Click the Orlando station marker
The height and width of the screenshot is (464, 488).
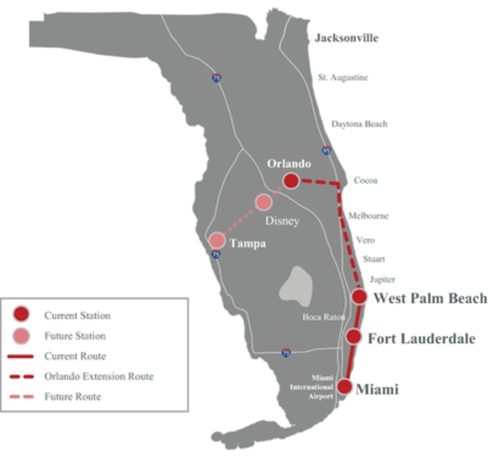(291, 181)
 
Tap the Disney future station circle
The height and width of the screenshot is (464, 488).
(263, 202)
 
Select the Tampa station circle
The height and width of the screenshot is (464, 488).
(217, 241)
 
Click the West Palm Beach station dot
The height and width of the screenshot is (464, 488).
(359, 296)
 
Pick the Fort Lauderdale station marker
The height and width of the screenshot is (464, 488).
(353, 336)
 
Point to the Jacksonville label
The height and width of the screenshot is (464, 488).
(346, 38)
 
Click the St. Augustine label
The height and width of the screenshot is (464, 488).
(342, 78)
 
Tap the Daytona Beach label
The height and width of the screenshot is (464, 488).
(359, 124)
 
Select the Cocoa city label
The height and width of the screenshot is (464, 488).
(365, 180)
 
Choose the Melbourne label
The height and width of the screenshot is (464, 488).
(368, 216)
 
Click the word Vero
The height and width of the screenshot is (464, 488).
(365, 240)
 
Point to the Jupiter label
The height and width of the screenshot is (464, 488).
(382, 279)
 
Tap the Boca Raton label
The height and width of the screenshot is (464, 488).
(324, 317)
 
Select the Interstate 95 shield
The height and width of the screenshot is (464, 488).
(326, 150)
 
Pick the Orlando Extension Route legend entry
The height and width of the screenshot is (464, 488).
(99, 377)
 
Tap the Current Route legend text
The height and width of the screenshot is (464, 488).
(75, 356)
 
